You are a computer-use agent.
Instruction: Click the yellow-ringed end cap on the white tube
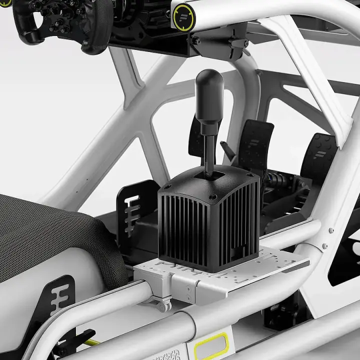[x=183, y=15]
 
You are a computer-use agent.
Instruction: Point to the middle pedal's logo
[x=255, y=142]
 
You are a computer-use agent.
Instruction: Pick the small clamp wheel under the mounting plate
[x=163, y=305]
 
